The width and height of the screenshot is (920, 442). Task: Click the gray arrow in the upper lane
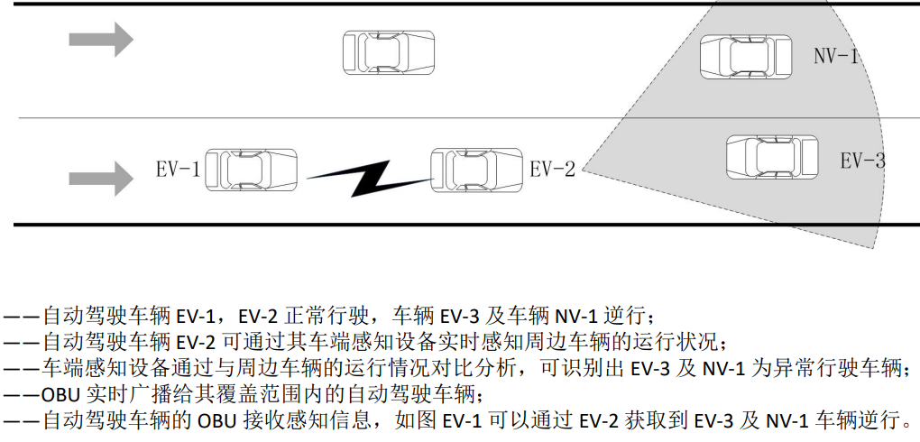pos(101,39)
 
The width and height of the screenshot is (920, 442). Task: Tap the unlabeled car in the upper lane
pos(388,52)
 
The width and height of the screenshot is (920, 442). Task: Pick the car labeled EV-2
pos(476,170)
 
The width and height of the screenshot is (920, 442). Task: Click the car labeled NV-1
pos(746,57)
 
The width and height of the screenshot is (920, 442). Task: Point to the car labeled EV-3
pos(772,157)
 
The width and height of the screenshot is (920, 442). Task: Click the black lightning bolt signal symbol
pos(364,177)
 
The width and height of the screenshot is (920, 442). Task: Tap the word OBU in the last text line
pos(216,420)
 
